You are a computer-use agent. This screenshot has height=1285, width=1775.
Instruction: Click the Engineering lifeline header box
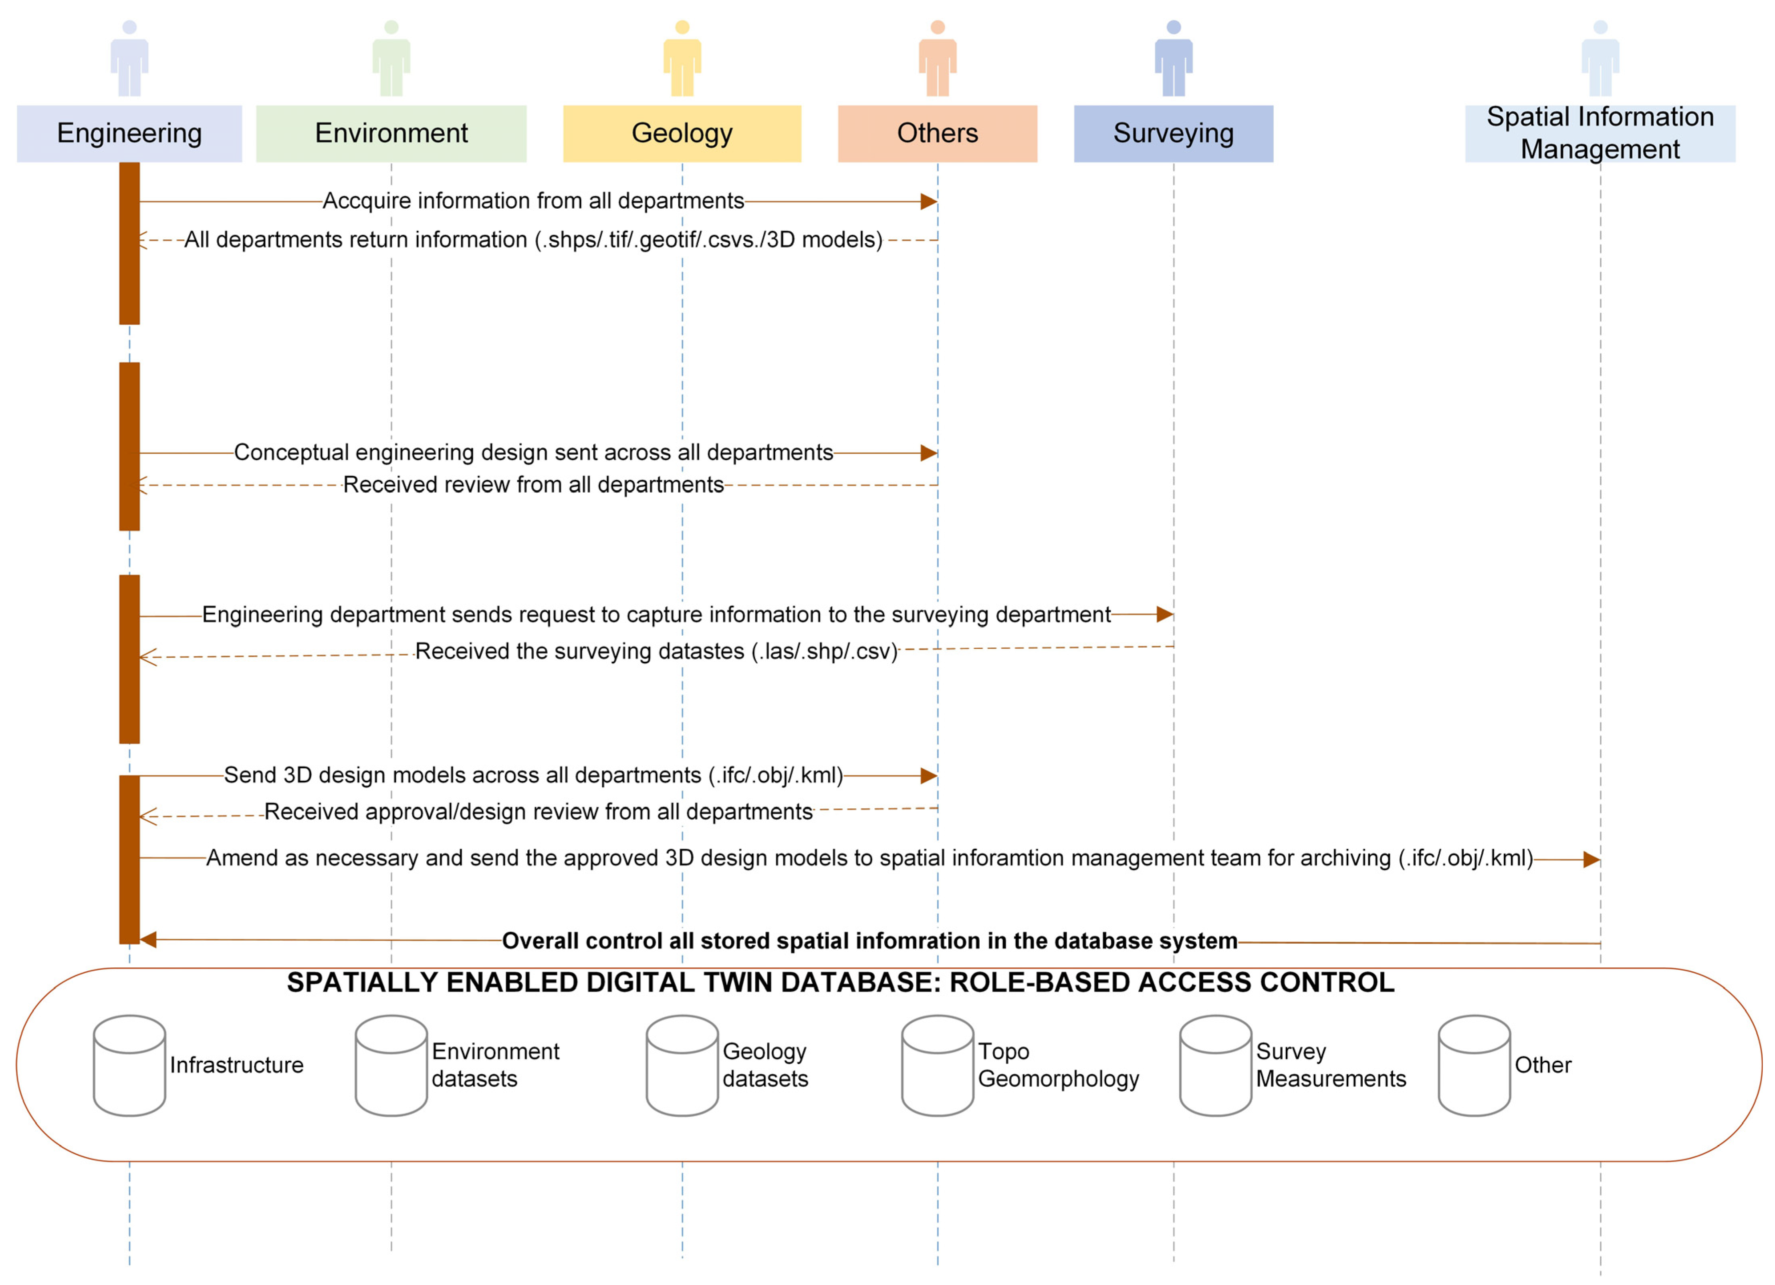pyautogui.click(x=129, y=134)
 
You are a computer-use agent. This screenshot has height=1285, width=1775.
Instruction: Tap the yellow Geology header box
pyautogui.click(x=682, y=134)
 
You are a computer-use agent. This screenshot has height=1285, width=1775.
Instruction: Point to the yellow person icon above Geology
pyautogui.click(x=682, y=59)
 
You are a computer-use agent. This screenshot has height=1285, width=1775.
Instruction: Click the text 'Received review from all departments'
pyautogui.click(x=533, y=485)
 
